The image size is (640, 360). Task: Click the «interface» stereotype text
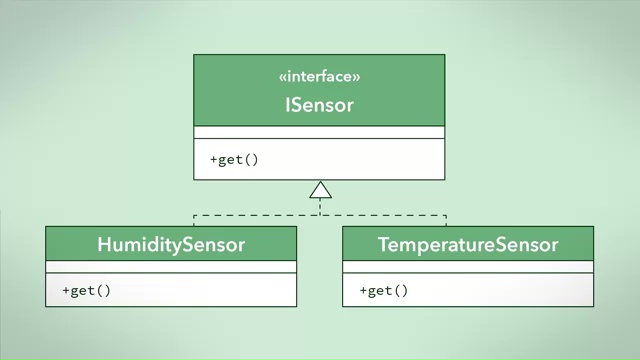319,76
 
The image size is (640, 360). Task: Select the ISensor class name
319,104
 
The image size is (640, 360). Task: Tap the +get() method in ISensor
234,159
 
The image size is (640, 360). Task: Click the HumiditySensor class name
171,244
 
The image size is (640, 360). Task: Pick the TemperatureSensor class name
467,244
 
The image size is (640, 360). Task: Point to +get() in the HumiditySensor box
86,291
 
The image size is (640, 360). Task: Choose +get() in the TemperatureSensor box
384,291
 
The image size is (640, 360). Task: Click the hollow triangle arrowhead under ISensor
320,190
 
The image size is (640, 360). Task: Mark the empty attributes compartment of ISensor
319,132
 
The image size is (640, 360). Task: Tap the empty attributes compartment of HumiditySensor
171,266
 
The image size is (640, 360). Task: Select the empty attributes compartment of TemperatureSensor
467,266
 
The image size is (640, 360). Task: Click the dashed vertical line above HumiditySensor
192,220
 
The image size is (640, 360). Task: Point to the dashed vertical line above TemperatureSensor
446,220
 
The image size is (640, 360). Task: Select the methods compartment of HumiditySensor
200,291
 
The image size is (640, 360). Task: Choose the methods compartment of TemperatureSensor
500,291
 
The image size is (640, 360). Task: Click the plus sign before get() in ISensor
213,159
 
